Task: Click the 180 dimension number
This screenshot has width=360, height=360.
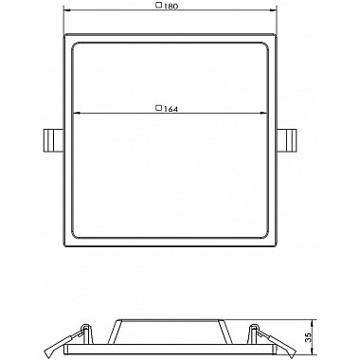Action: (x=171, y=6)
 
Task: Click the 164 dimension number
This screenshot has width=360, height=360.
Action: (x=171, y=109)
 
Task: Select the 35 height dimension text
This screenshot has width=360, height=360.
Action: (x=308, y=338)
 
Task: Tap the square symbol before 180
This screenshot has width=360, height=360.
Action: (x=159, y=5)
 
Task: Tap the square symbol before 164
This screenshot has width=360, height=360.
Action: (x=159, y=108)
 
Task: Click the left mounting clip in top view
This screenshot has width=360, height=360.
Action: (x=53, y=140)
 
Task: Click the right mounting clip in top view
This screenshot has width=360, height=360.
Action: (x=287, y=140)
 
